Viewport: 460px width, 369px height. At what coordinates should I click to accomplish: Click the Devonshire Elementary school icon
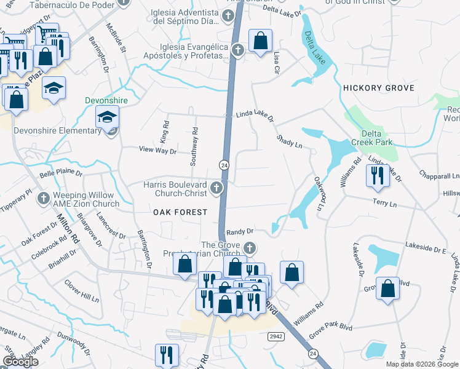(107, 116)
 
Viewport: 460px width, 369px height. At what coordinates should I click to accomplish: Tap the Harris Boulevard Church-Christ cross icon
(216, 188)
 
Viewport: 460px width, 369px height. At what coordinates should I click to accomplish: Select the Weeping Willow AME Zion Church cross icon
(43, 198)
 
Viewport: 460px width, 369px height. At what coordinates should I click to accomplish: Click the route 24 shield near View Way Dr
(224, 165)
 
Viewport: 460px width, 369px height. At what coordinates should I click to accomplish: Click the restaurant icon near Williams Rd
(376, 176)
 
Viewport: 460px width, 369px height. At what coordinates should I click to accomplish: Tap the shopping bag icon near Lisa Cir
(260, 41)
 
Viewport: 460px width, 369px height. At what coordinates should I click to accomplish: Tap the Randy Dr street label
(240, 232)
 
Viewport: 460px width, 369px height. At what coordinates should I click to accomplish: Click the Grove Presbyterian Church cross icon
(249, 248)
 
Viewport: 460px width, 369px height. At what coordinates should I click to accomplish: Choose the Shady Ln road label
(289, 142)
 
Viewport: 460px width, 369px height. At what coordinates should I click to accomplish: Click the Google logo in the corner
(20, 362)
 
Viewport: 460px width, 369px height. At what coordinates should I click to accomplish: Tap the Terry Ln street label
(385, 202)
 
